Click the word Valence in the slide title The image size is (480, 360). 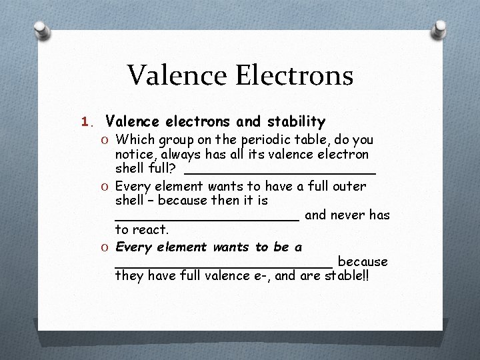[x=171, y=75]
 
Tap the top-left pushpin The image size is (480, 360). [x=41, y=31]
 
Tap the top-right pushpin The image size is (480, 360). [x=440, y=29]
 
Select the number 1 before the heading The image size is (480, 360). [x=84, y=122]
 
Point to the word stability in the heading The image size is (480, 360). [x=296, y=122]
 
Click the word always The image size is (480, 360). [x=182, y=155]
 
